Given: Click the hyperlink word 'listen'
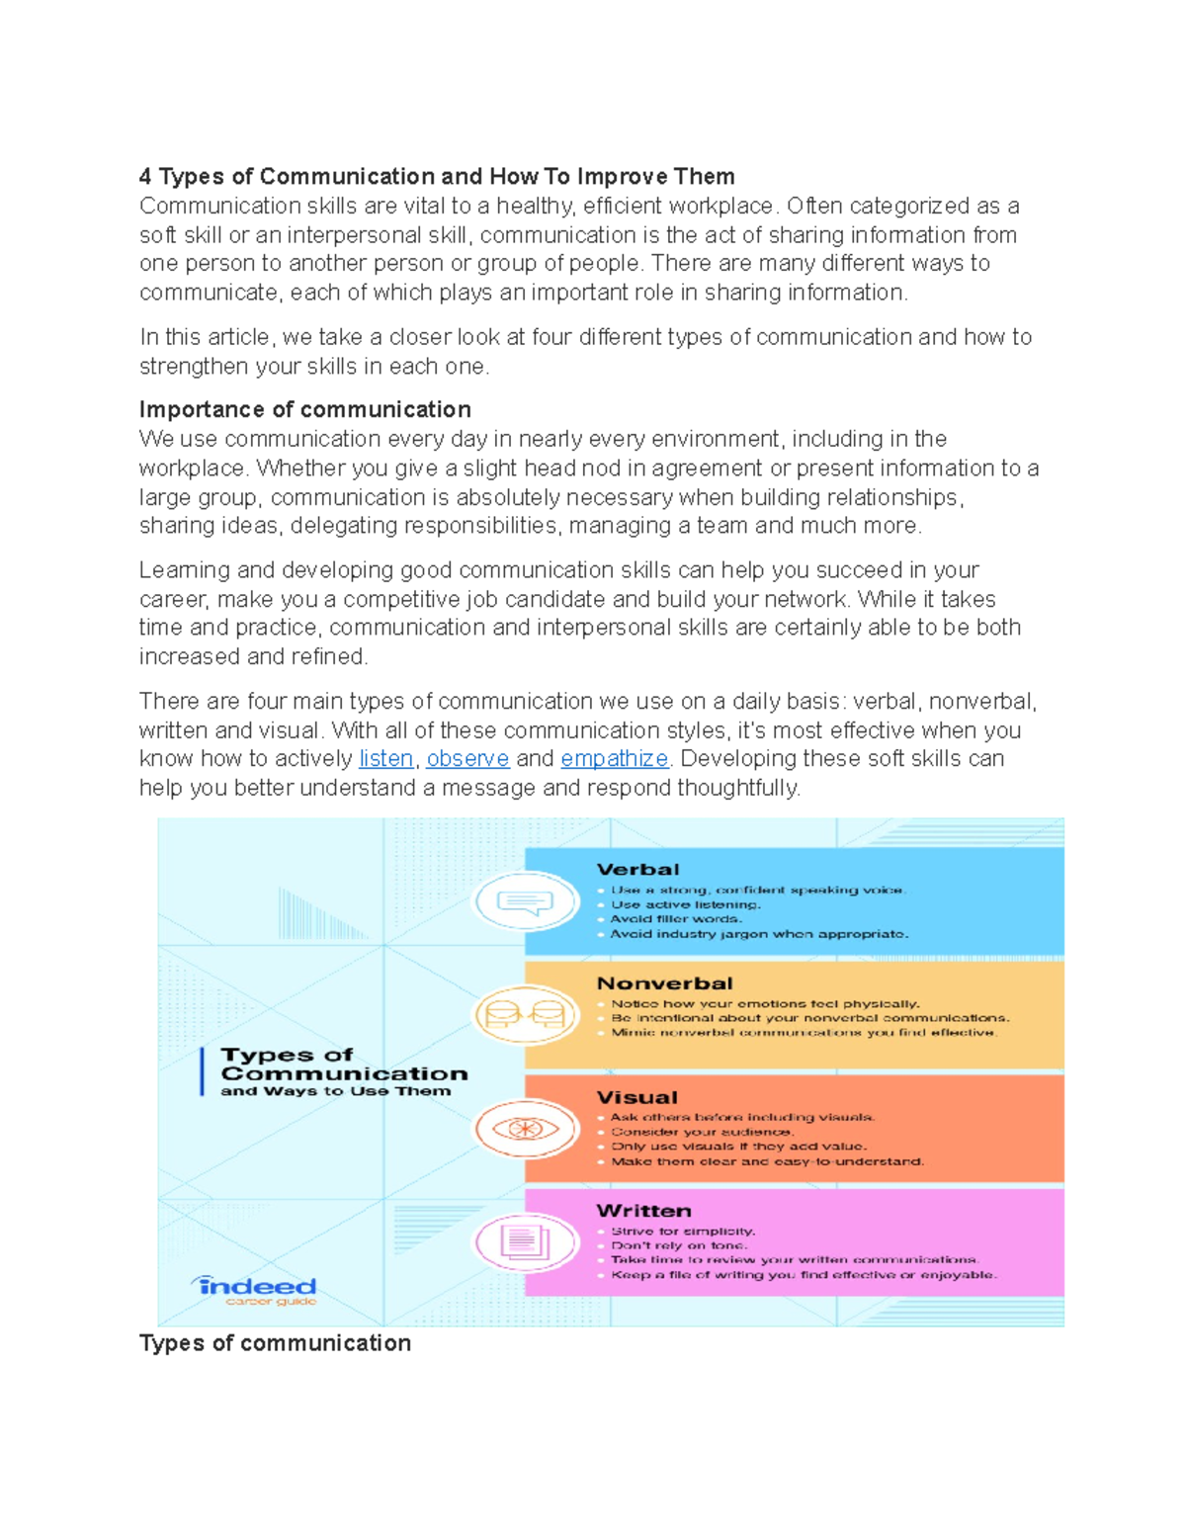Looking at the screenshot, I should pos(385,759).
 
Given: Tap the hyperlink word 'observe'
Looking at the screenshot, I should pos(467,759).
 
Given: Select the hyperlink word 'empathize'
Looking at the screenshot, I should pos(614,759).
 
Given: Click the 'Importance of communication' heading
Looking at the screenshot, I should pos(304,410).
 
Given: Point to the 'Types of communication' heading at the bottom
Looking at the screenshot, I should pos(275,1343).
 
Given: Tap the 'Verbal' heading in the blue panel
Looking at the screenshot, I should pos(637,870).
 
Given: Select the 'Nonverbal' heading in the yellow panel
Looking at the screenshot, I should pos(664,983).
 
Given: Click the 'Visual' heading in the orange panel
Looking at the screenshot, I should pos(636,1097).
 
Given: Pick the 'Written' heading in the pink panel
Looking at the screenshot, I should pos(643,1211).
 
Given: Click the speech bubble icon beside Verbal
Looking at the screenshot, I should pos(525,901).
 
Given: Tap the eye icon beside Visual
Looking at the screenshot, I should pos(525,1129).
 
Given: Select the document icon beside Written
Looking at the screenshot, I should pos(525,1241).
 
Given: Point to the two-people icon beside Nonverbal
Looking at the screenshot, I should pos(525,1015).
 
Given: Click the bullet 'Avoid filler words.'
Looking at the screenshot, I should pos(675,919).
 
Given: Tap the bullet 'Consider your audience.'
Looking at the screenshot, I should pos(702,1132).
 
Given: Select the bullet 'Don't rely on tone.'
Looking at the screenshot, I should pos(679,1245).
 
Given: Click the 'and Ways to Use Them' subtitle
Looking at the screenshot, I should pos(335,1091).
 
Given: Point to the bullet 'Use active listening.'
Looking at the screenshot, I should pos(685,904).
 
